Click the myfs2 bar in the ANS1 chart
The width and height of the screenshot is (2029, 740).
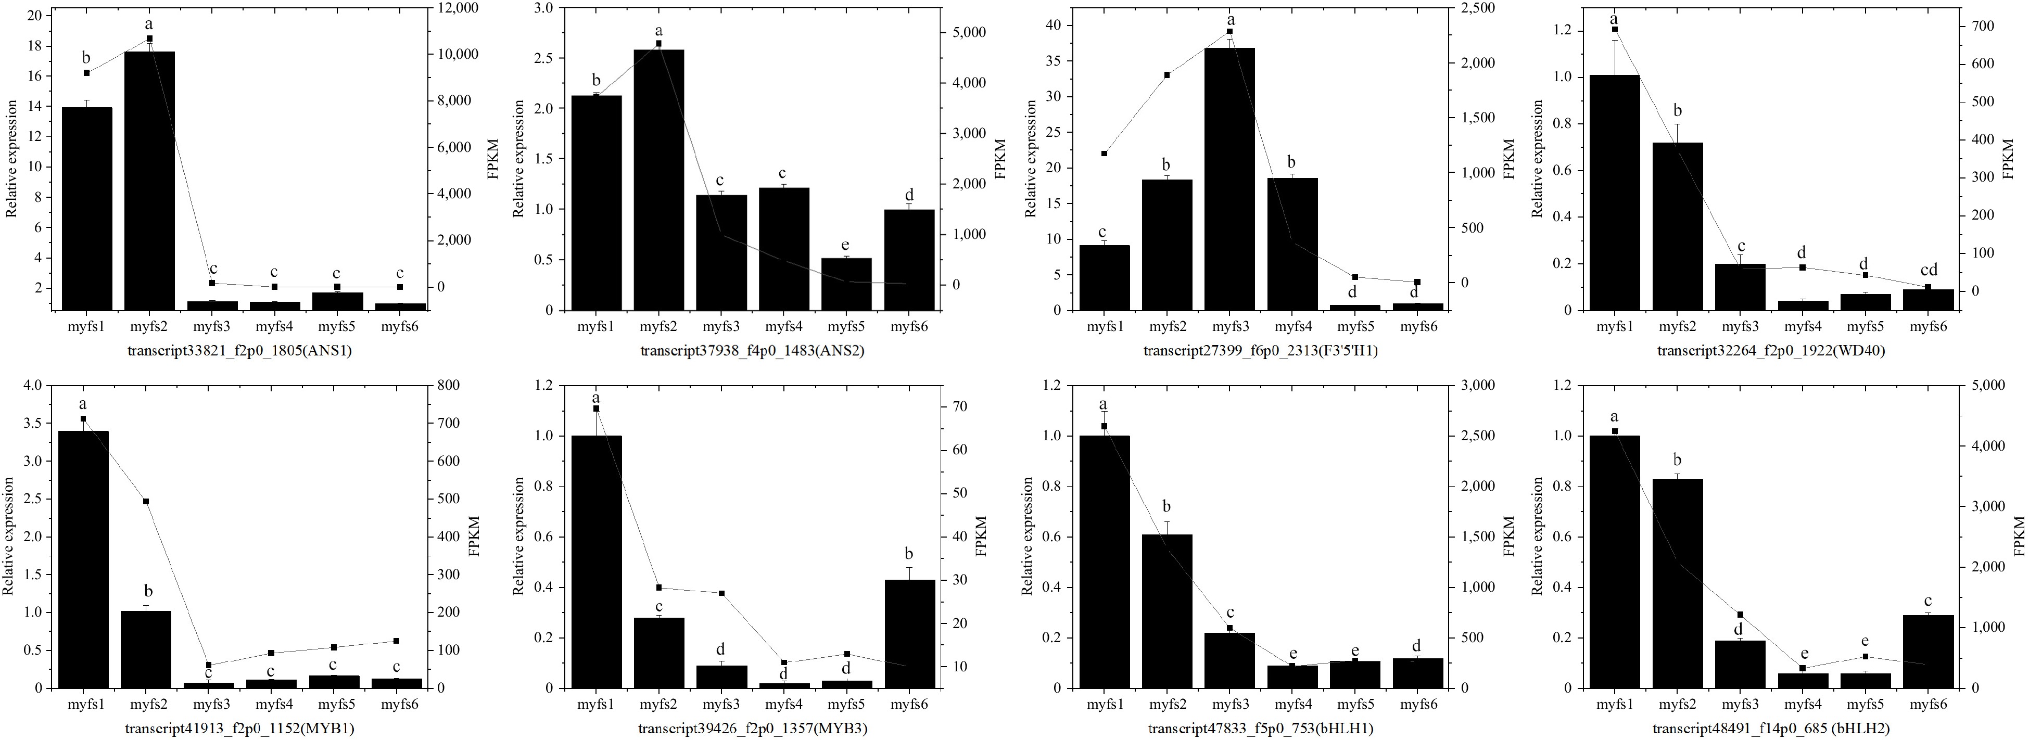pyautogui.click(x=149, y=181)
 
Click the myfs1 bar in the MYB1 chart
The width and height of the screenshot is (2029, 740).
pyautogui.click(x=83, y=559)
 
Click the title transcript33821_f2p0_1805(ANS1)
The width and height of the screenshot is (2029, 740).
pyautogui.click(x=239, y=351)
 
